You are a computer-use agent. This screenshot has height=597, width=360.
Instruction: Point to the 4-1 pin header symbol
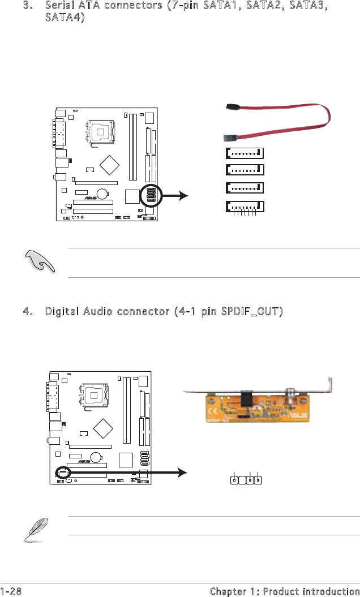246,480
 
